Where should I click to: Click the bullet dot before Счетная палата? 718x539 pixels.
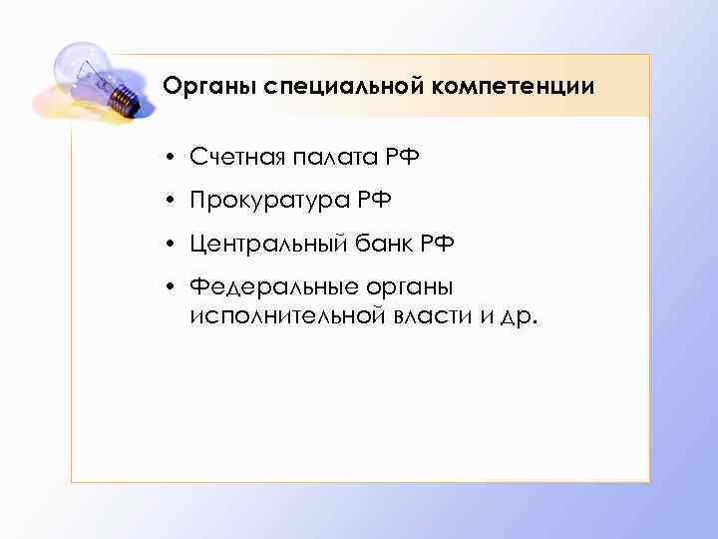pos(173,158)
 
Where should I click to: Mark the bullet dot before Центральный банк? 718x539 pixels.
pos(173,246)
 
